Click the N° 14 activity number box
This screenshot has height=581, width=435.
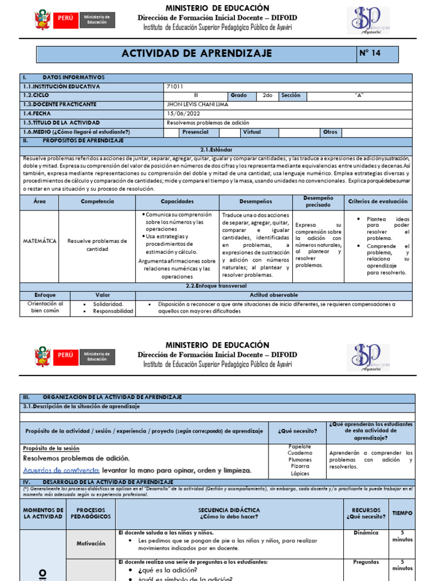[x=377, y=54]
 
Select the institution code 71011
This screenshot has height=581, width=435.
[x=176, y=86]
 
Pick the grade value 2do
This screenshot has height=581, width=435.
[x=267, y=95]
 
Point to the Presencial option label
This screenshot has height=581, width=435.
[x=195, y=132]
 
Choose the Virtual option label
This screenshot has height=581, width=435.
[x=251, y=132]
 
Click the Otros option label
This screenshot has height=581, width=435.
[x=329, y=132]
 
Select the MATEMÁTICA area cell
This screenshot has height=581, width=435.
[x=40, y=241]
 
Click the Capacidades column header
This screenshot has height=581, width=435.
[x=177, y=201]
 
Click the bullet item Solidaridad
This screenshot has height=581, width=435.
[x=108, y=304]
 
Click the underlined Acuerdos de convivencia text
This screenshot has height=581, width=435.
[x=61, y=470]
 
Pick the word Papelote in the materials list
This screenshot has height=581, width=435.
[x=300, y=446]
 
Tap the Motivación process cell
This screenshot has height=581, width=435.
[x=91, y=543]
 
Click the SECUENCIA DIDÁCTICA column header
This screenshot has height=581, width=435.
[x=229, y=513]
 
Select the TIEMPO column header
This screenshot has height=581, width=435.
[x=402, y=513]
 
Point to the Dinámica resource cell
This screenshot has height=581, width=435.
[x=365, y=533]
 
